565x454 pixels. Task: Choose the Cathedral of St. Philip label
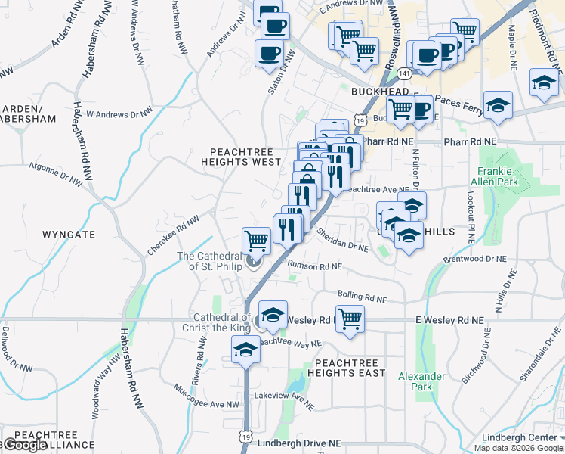point(209,261)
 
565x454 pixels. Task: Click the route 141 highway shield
point(406,73)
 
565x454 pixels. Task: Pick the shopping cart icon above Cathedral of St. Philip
point(256,240)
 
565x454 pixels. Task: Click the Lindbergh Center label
point(535,438)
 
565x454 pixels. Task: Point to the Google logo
point(26,445)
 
